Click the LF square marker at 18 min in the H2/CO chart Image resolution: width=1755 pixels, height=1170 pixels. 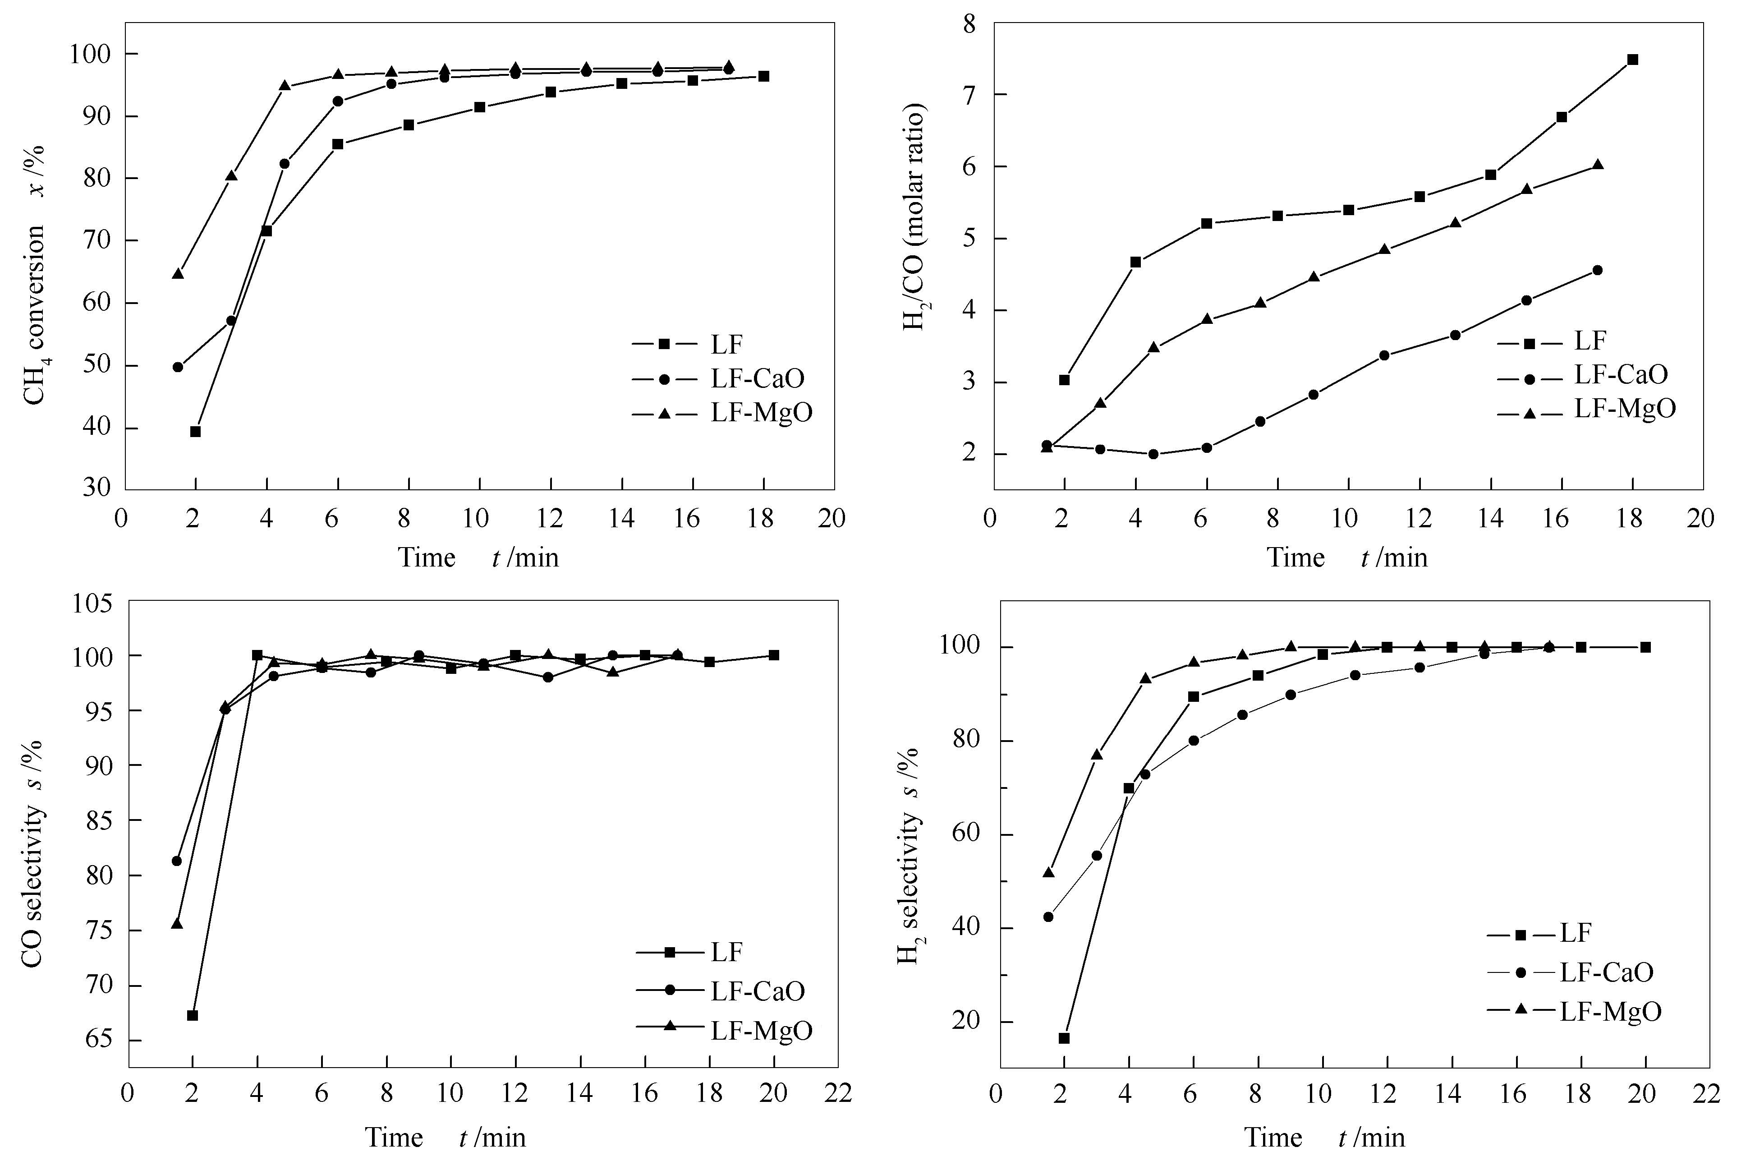click(x=1632, y=60)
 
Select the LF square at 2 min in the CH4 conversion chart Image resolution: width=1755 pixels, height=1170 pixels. click(x=195, y=431)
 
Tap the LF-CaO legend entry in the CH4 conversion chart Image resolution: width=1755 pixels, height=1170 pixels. click(x=757, y=378)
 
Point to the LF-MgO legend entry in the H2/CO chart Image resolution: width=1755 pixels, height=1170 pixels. click(x=1625, y=408)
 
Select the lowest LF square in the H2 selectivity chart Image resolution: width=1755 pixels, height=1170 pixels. click(x=1064, y=1038)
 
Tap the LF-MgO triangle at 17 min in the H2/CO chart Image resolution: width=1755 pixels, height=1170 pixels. click(x=1597, y=165)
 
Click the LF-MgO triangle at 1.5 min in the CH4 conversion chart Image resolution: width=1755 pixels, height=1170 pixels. click(x=178, y=274)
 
